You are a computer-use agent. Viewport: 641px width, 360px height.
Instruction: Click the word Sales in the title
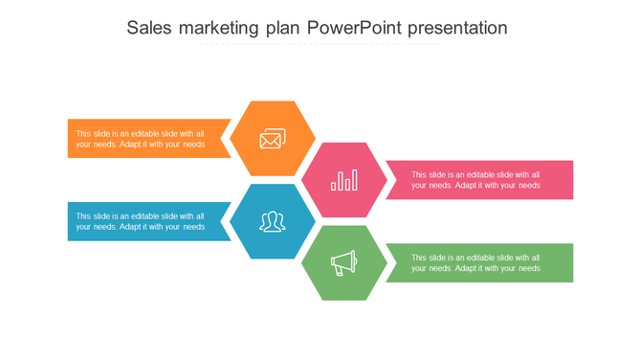(149, 28)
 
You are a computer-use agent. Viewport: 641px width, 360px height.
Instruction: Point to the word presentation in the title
(457, 28)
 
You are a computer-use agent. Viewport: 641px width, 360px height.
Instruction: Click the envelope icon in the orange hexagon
(273, 140)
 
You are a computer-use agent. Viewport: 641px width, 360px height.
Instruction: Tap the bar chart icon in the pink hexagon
(343, 180)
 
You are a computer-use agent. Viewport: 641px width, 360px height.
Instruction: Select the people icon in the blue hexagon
(273, 222)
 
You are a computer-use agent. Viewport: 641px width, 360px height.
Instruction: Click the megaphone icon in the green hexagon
(343, 262)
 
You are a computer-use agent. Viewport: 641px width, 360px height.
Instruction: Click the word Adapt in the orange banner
(131, 145)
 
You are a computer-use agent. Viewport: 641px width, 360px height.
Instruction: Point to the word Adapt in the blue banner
(131, 227)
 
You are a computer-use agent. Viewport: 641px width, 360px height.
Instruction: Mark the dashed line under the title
(320, 44)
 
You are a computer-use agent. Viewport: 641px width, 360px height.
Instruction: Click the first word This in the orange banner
(84, 134)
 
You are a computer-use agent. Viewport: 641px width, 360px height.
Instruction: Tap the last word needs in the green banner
(529, 269)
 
